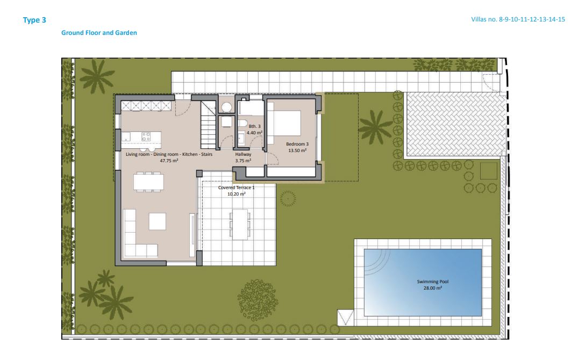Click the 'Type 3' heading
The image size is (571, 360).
point(34,20)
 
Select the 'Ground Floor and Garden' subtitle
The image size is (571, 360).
point(99,33)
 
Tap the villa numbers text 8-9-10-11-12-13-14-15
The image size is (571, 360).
point(532,19)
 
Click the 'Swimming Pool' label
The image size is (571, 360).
point(433,282)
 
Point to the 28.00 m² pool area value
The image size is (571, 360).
point(433,288)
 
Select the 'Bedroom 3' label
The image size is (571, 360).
point(297,144)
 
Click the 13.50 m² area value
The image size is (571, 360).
point(297,150)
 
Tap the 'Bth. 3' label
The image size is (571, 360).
point(254,126)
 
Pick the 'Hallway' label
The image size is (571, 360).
point(243,154)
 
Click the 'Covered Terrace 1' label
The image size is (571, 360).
point(237,188)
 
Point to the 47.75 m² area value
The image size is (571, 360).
point(169,161)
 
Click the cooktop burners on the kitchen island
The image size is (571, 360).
point(146,136)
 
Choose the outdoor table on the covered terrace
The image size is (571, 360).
point(240,224)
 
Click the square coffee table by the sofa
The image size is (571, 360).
point(158,221)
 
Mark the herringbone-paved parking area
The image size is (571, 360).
point(455,124)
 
